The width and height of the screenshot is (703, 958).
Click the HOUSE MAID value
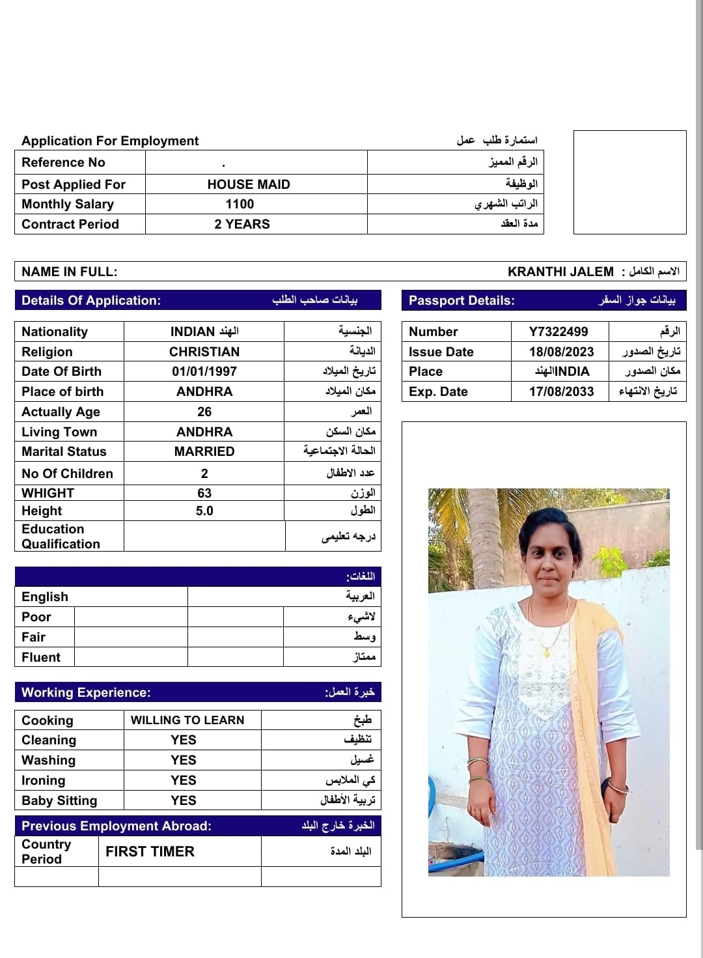[x=249, y=184]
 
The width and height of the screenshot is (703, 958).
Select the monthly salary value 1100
[x=240, y=204]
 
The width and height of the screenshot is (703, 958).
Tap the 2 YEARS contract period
[x=242, y=224]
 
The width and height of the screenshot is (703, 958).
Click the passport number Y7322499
[x=558, y=331]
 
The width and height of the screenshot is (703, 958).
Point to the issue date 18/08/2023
[x=561, y=352]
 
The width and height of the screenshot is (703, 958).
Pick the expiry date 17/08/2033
[x=561, y=391]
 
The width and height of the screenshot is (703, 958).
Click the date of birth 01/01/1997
[x=204, y=371]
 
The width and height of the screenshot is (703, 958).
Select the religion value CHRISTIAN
[x=204, y=352]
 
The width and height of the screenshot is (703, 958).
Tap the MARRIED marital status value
[x=204, y=451]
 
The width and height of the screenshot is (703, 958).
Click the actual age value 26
[x=204, y=412]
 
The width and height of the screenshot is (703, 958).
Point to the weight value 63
[x=204, y=493]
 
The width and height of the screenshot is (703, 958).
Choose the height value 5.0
[x=204, y=511]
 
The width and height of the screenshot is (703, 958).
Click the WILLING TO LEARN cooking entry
[x=187, y=720]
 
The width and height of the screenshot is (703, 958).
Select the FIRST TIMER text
[x=150, y=851]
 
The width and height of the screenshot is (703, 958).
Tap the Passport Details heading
[x=462, y=300]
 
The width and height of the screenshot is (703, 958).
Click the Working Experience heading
[x=86, y=692]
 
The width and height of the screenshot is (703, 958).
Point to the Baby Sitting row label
[x=59, y=800]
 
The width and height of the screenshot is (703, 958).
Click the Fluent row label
[x=41, y=657]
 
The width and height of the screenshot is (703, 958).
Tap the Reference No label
[x=63, y=162]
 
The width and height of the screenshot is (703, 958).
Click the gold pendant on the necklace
[x=545, y=650]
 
